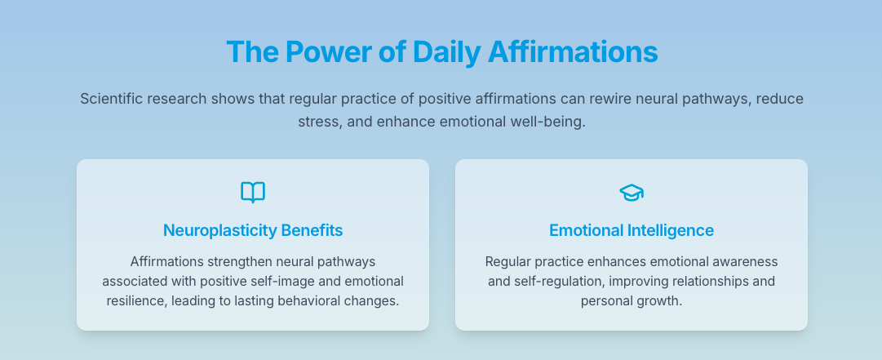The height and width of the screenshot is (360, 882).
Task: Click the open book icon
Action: click(253, 193)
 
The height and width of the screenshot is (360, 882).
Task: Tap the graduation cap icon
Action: click(632, 193)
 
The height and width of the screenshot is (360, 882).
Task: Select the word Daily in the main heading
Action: click(446, 51)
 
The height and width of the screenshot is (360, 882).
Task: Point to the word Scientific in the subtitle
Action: click(114, 99)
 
